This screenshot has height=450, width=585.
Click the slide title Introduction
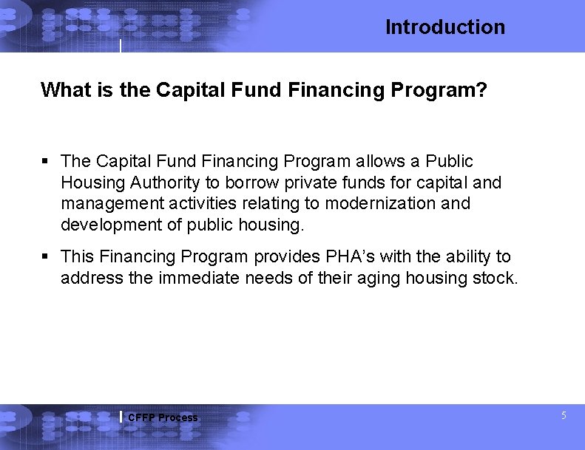[x=444, y=27]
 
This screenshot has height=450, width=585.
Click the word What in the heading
[x=60, y=90]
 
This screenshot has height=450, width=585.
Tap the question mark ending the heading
[x=481, y=90]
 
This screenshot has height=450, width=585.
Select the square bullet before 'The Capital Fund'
[x=45, y=161]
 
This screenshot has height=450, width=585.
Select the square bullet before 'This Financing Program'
[x=45, y=256]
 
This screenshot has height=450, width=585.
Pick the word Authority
[x=163, y=182]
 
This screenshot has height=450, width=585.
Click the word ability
[x=472, y=256]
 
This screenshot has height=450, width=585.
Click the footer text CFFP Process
[x=163, y=417]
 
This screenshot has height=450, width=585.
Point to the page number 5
[x=564, y=416]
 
